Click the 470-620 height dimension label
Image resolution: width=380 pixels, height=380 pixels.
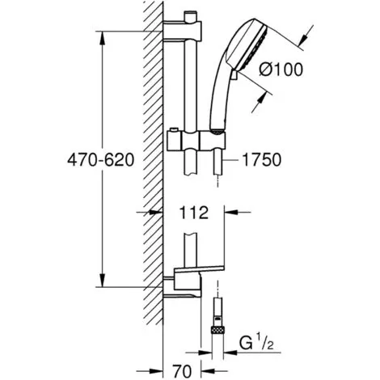click(100, 160)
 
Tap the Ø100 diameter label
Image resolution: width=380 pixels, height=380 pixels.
click(281, 70)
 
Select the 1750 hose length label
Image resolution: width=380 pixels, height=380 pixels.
click(262, 160)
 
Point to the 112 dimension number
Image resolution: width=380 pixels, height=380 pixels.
click(193, 213)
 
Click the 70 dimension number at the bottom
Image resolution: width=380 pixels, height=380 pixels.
click(182, 372)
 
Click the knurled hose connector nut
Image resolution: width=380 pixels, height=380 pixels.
click(217, 331)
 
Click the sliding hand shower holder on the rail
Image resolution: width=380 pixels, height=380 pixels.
click(196, 141)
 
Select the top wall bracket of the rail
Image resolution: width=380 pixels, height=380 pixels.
click(183, 32)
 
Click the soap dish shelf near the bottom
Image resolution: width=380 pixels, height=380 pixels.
click(199, 270)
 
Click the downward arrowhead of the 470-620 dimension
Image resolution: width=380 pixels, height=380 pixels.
click(102, 281)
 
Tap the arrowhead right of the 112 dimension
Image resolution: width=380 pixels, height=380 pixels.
click(231, 213)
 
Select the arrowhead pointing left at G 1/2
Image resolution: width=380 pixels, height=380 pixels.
click(230, 352)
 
